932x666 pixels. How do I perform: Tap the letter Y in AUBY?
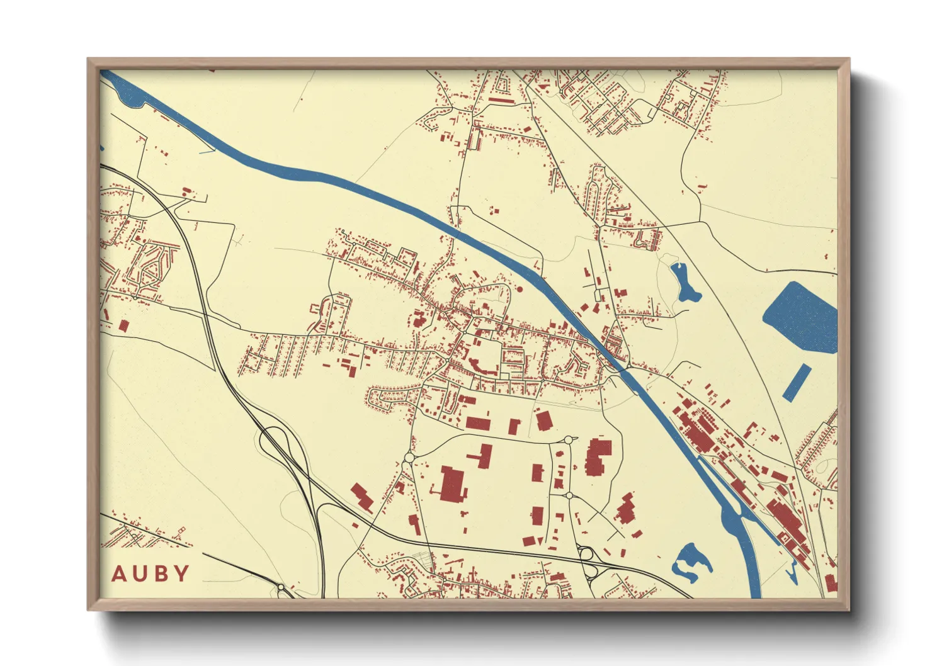coord(181,573)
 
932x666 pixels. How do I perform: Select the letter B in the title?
coord(161,573)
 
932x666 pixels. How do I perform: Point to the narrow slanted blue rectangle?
coord(797,383)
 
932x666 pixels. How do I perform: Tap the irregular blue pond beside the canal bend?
coord(691,560)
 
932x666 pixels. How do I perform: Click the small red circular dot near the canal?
coord(520,290)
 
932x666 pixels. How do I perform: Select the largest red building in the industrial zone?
coord(453,484)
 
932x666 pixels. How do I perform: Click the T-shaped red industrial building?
coord(483,455)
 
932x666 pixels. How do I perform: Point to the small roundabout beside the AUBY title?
coord(281,588)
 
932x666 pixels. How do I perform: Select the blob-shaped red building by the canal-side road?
coord(626,509)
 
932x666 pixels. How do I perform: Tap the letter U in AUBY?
coord(139,573)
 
